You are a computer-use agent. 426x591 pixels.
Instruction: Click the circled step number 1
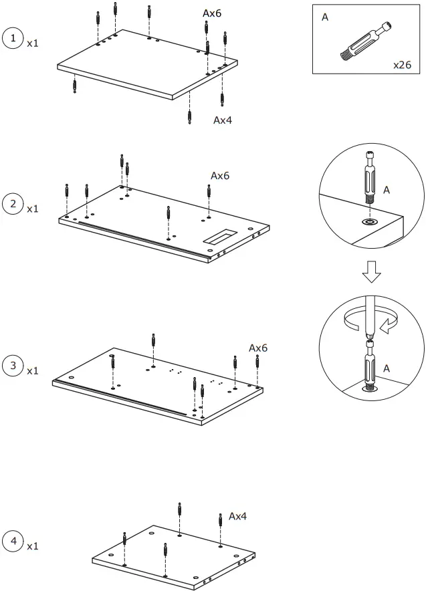13,38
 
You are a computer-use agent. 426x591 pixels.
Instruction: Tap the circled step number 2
13,203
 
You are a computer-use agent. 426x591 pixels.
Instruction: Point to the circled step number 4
13,541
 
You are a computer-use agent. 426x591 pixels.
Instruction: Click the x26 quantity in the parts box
403,65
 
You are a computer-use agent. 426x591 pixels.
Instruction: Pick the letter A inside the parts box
325,17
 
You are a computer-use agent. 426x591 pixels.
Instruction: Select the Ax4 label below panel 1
223,120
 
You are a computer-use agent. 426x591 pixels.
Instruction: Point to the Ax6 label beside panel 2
220,176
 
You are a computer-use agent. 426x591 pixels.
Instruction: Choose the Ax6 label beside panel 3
258,348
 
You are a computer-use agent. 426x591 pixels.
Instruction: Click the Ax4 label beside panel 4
238,516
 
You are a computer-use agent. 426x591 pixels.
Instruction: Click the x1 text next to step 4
33,546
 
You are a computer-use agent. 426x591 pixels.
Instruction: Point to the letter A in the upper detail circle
386,190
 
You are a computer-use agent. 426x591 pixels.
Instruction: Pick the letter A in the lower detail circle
387,368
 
